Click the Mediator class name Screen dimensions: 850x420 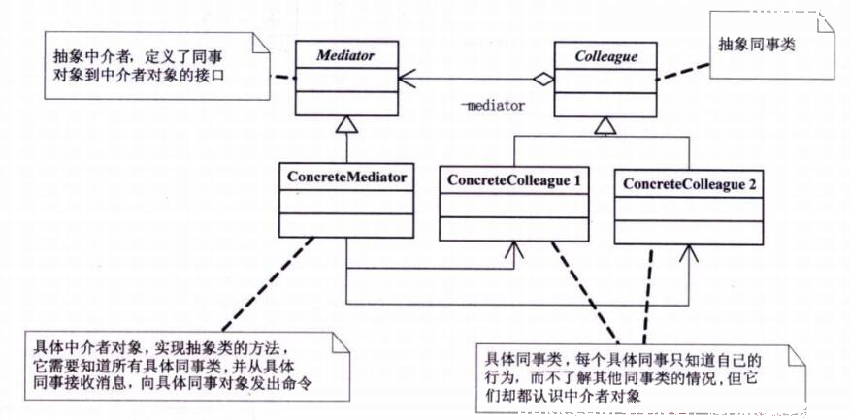click(345, 56)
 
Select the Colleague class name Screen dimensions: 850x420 click(605, 57)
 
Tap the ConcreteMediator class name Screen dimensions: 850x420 click(345, 178)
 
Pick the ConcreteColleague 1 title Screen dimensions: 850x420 click(513, 181)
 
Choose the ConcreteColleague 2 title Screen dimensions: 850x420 click(689, 184)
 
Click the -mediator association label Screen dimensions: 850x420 click(493, 105)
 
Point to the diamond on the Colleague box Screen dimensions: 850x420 click(542, 80)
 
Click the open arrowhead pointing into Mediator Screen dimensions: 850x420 click(407, 80)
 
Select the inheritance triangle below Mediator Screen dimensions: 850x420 click(345, 125)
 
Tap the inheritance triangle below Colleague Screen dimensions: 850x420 click(605, 126)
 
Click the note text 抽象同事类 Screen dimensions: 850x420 click(756, 45)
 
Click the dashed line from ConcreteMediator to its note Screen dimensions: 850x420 click(268, 284)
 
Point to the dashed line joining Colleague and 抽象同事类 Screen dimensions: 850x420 click(682, 72)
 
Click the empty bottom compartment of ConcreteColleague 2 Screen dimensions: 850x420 click(689, 232)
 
